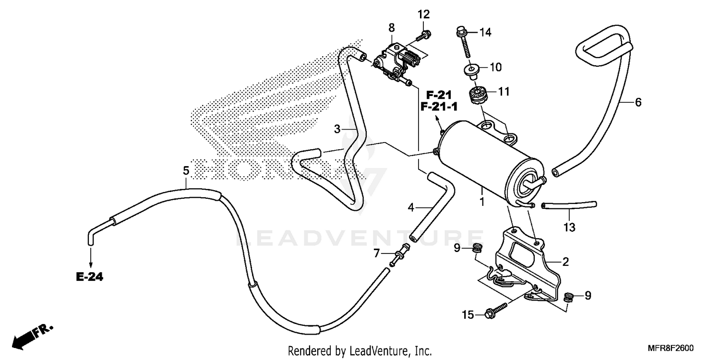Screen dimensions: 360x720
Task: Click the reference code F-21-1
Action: [439, 107]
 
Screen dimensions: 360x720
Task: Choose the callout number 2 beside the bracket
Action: [565, 262]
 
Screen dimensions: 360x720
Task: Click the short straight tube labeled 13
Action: [569, 205]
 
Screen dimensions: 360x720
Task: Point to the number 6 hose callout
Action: [638, 102]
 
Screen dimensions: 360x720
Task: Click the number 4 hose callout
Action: [411, 208]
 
